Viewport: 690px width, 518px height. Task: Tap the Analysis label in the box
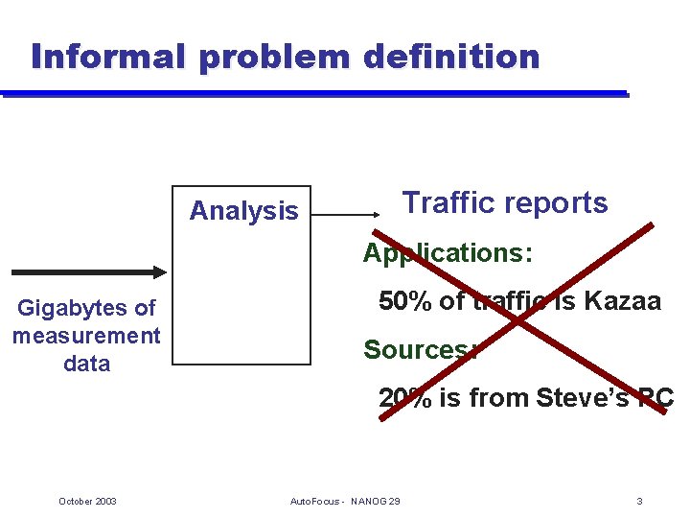click(243, 211)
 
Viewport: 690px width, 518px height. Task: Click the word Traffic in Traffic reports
click(448, 203)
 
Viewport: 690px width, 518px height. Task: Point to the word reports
click(560, 203)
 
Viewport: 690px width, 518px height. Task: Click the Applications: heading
click(447, 253)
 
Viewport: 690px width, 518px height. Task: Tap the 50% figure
click(405, 301)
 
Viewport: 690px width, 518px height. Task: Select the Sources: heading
click(420, 350)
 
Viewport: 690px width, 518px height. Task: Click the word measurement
click(86, 336)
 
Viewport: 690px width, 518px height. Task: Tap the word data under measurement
click(86, 364)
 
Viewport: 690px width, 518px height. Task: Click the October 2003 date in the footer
click(87, 502)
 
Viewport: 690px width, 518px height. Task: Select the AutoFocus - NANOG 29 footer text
click(345, 502)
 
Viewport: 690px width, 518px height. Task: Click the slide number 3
click(639, 502)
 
